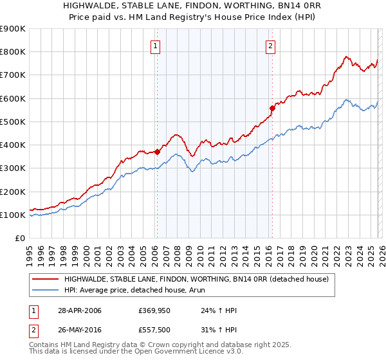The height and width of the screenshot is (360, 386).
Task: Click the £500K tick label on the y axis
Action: (x=13, y=122)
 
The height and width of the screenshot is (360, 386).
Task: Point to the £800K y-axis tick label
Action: (x=13, y=52)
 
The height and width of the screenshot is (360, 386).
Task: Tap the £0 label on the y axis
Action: (x=19, y=238)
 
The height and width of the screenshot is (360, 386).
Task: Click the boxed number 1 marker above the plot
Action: (x=156, y=46)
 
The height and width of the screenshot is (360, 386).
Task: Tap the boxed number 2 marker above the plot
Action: (x=270, y=46)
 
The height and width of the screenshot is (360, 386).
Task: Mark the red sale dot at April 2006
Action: (x=157, y=152)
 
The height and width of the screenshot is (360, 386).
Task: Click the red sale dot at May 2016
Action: (x=272, y=108)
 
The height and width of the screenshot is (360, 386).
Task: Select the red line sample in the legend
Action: (x=46, y=279)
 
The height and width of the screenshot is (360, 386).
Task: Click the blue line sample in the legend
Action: (x=46, y=290)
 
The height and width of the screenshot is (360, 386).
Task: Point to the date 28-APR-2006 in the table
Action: (x=79, y=310)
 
